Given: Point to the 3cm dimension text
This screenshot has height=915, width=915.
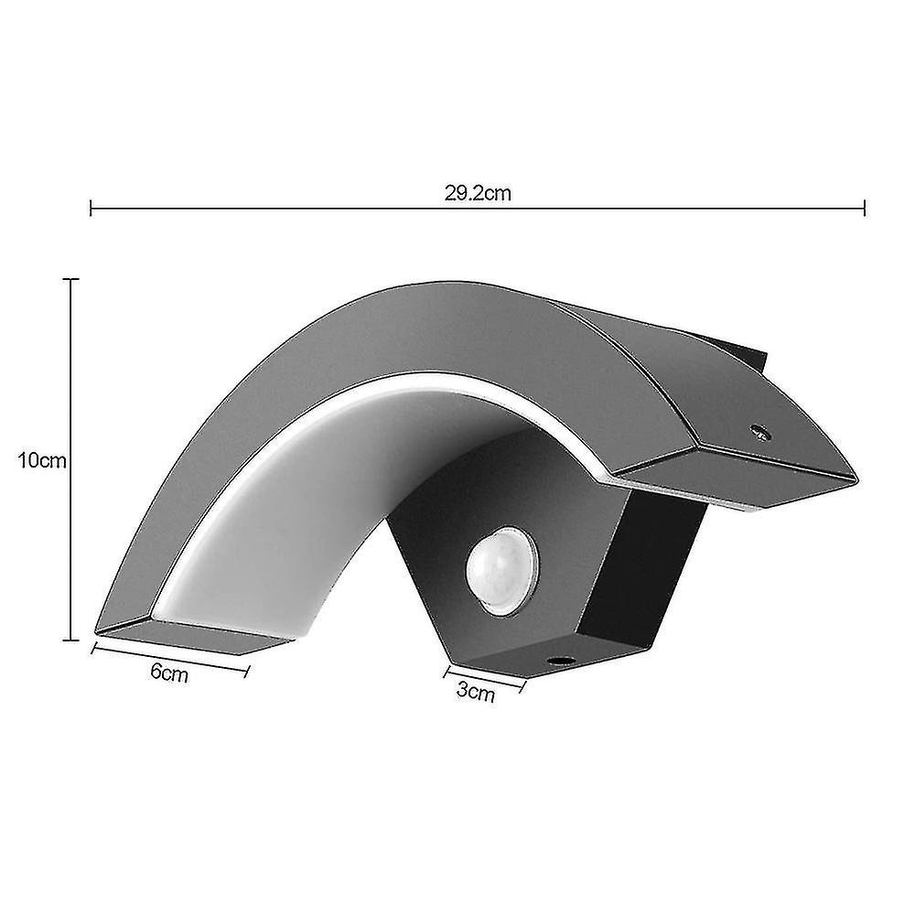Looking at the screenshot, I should point(475,693).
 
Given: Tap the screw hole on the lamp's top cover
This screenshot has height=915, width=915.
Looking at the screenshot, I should point(757,429).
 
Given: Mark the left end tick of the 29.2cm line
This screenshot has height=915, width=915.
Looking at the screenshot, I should point(91,210).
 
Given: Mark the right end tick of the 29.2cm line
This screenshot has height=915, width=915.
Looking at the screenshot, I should point(865,210).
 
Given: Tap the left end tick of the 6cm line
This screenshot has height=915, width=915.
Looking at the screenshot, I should point(94,649).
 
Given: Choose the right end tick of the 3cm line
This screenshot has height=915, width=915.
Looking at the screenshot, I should point(524,686).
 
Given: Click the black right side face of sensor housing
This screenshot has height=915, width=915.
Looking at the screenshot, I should point(663,567).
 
